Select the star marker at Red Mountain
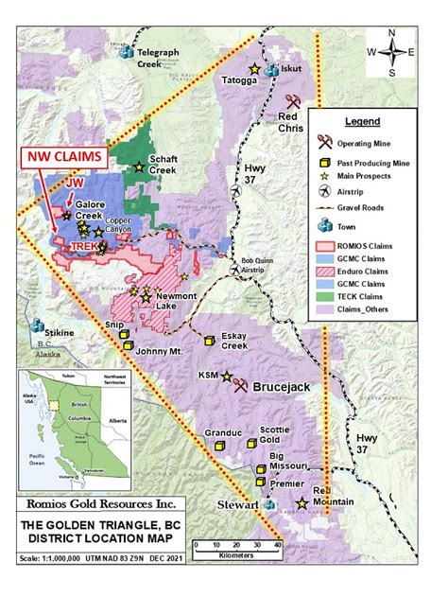pyautogui.click(x=302, y=504)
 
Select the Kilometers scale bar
pyautogui.click(x=236, y=545)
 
